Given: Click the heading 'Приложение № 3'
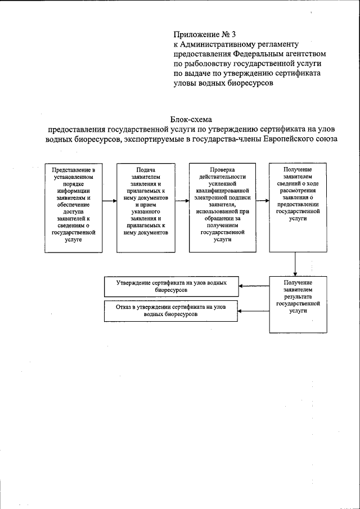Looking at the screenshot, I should (201, 34).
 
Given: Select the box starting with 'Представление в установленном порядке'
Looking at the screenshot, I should (73, 208).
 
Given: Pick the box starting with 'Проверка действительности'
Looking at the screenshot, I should (222, 208).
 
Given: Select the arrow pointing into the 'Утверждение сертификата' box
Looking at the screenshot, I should (254, 287).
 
